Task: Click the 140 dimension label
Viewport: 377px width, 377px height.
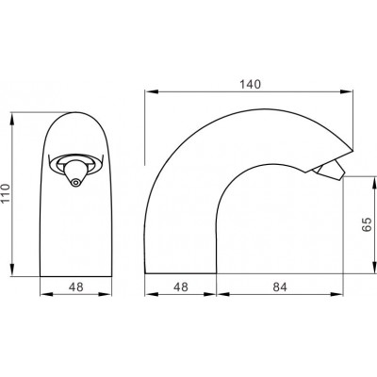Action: point(251,84)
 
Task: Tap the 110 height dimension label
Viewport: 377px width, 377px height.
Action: point(7,193)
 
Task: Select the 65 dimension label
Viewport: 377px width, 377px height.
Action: point(367,224)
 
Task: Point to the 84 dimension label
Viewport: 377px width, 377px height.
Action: point(280,287)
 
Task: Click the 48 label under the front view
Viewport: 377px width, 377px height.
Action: point(76,287)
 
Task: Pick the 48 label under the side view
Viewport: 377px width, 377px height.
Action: point(181,287)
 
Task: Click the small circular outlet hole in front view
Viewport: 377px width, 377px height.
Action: point(74,182)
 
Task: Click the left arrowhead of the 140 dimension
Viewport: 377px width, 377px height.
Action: point(151,91)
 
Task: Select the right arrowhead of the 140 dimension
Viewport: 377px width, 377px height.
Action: point(347,91)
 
